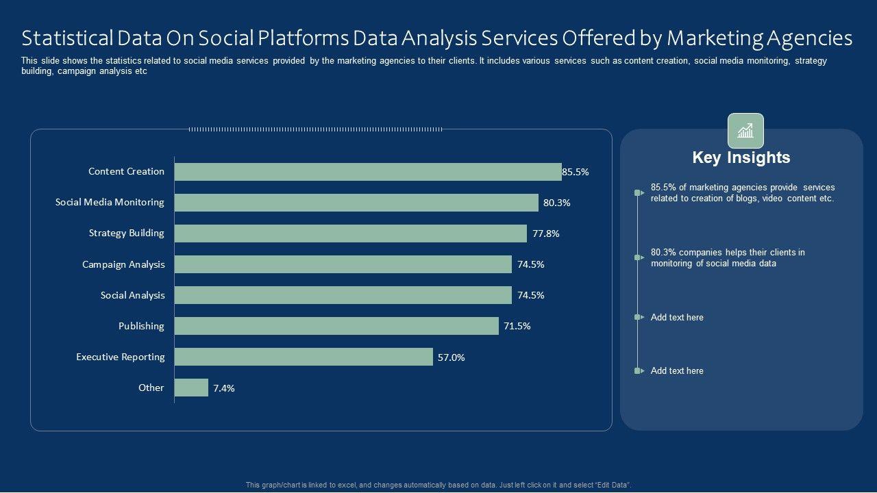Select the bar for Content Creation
[368, 172]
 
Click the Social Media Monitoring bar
[356, 203]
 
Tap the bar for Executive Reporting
[304, 357]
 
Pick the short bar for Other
[191, 388]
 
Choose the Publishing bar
[336, 326]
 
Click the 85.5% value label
[576, 173]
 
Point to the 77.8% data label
[546, 233]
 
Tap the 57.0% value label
[451, 357]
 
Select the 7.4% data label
[224, 388]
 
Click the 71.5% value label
[517, 326]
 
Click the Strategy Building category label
[127, 233]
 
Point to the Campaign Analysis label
[123, 264]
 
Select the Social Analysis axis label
[133, 295]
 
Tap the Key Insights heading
[741, 157]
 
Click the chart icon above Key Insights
[745, 131]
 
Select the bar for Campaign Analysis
[343, 264]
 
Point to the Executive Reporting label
[121, 357]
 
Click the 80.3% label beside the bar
[557, 203]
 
